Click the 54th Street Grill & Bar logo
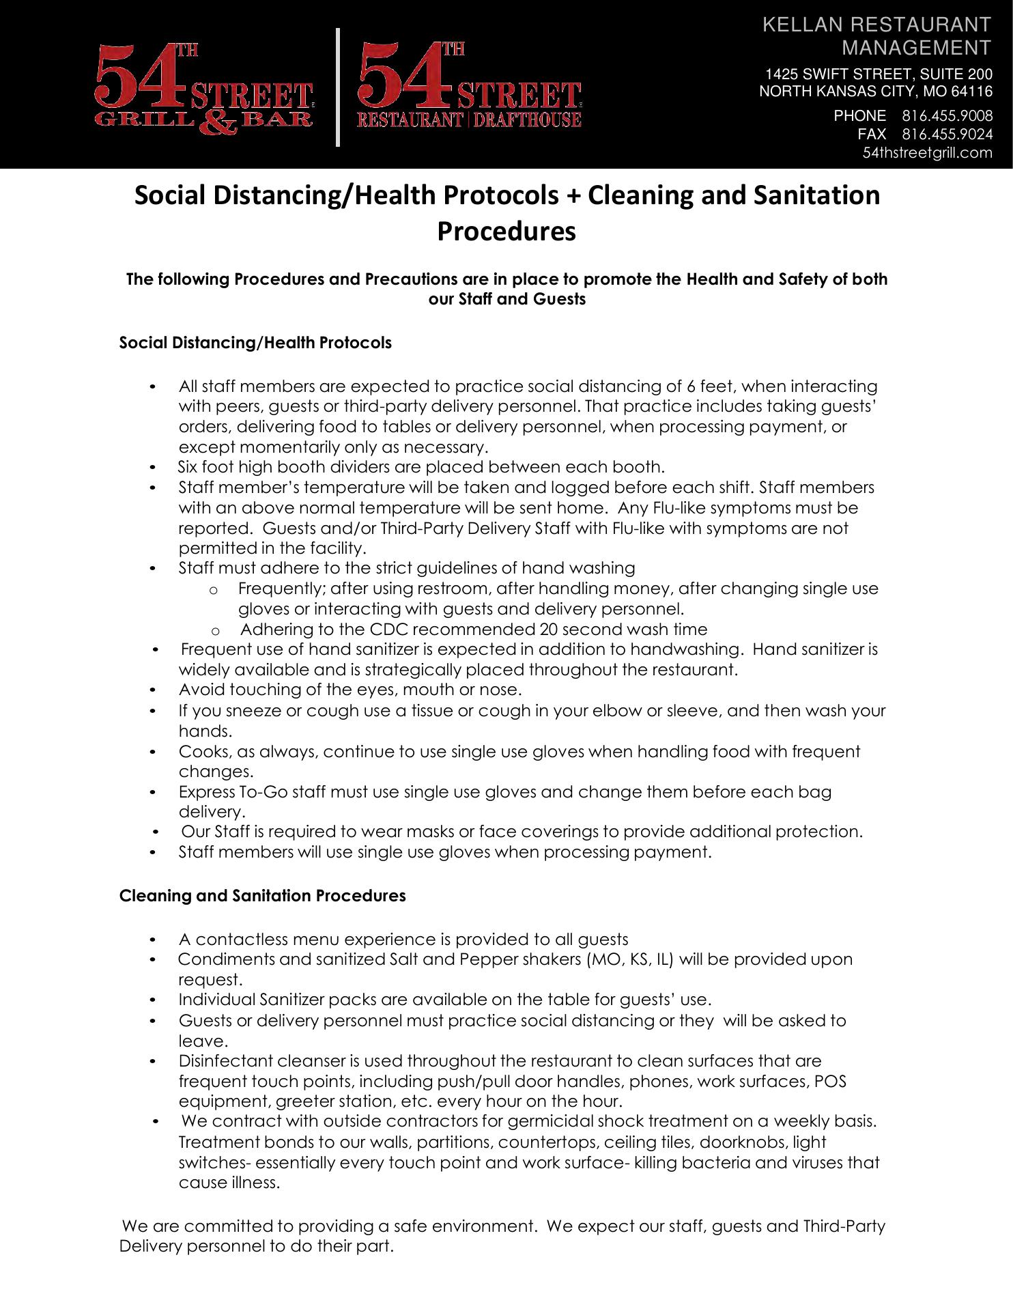[203, 89]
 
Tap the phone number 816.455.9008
[947, 115]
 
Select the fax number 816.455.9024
[947, 134]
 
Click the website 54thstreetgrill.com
[927, 153]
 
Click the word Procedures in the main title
[506, 231]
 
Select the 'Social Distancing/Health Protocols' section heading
[255, 343]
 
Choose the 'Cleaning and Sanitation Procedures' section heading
[262, 896]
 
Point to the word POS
[832, 1082]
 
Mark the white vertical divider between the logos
[338, 87]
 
